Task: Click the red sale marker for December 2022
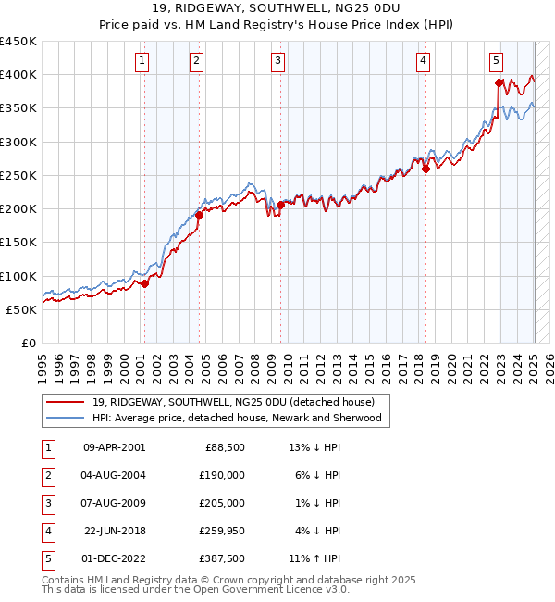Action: [499, 82]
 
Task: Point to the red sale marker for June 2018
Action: [425, 169]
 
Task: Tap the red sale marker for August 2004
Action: [199, 215]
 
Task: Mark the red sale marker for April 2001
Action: [144, 283]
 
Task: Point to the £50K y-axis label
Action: [21, 309]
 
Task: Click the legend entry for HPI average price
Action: [238, 419]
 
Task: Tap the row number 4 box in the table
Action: [45, 530]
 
